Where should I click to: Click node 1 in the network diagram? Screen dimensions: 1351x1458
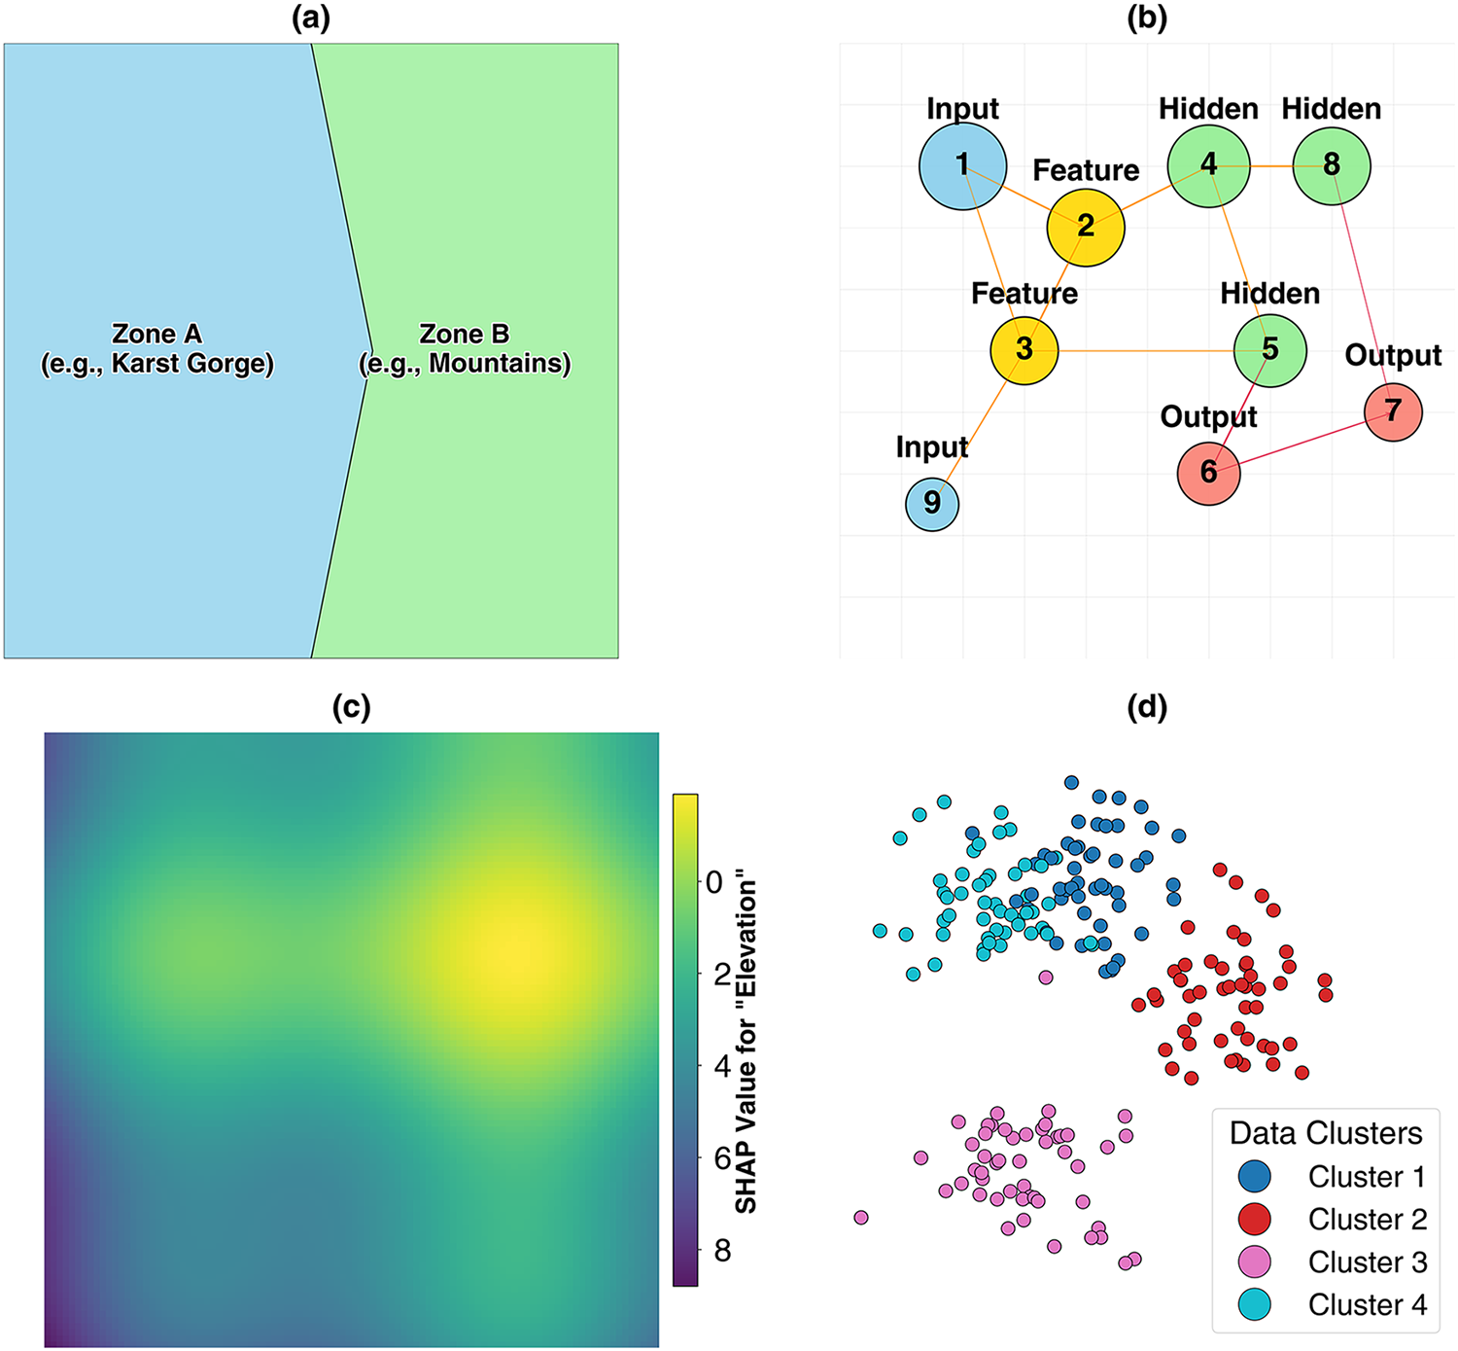click(x=962, y=165)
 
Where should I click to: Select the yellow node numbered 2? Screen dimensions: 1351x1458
click(x=1086, y=227)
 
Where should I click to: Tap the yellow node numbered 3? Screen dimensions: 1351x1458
click(x=1024, y=350)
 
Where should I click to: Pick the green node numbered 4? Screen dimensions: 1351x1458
click(x=1208, y=165)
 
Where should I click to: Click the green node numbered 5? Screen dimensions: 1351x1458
click(x=1269, y=350)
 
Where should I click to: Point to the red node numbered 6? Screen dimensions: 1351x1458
click(x=1208, y=473)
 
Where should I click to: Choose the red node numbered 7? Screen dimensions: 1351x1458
click(x=1393, y=411)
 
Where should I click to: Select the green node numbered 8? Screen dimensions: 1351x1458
click(x=1332, y=165)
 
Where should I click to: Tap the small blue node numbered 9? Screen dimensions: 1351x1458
click(x=932, y=504)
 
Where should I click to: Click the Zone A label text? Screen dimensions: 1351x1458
click(x=157, y=348)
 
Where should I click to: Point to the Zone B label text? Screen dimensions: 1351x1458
click(x=465, y=348)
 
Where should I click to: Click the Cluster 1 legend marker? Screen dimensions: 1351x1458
click(x=1255, y=1176)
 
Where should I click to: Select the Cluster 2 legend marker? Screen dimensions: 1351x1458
click(x=1255, y=1219)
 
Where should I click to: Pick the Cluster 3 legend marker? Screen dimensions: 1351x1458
click(x=1255, y=1262)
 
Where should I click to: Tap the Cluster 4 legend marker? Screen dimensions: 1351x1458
click(x=1255, y=1304)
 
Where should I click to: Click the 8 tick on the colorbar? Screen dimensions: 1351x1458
click(x=721, y=1250)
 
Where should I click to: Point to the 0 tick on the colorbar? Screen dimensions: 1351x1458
click(x=714, y=882)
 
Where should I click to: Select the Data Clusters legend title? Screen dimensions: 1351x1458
click(x=1325, y=1133)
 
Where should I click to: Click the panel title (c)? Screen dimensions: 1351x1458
click(x=351, y=707)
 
